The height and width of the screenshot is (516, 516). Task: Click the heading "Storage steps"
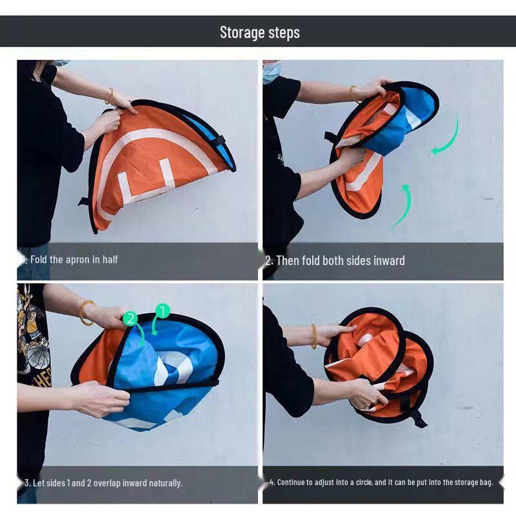[259, 32]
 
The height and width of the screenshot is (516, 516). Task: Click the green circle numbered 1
[162, 312]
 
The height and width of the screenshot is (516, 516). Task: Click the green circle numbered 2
[130, 318]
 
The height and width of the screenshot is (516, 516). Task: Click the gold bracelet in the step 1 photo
[110, 97]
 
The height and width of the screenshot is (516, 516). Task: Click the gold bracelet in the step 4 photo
[314, 336]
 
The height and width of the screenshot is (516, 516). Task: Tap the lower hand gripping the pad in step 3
[103, 398]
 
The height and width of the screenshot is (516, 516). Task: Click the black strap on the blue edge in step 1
[219, 141]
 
